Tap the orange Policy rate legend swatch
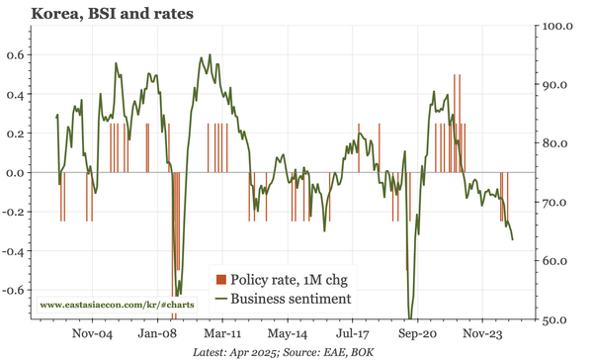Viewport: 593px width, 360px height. click(x=222, y=280)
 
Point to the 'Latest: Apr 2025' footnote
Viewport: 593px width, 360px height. click(x=247, y=350)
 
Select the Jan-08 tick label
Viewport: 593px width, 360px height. click(x=158, y=333)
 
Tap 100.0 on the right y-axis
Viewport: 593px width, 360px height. click(x=561, y=25)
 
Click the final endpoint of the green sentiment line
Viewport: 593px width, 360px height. click(x=512, y=239)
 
